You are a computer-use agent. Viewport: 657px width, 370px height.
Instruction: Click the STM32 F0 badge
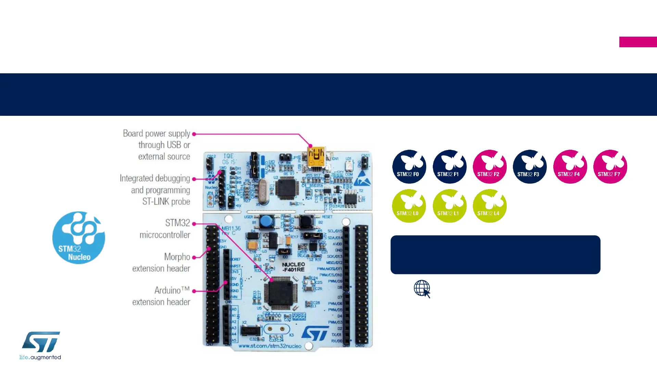point(409,166)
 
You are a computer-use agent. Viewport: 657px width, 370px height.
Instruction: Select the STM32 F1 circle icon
point(449,166)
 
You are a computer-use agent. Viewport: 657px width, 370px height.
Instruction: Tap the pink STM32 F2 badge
point(489,166)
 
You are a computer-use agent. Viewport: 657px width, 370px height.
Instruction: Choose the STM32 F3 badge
point(529,166)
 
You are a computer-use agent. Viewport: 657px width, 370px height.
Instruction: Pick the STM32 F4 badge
point(570,166)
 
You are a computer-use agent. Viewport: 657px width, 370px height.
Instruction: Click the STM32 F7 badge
point(610,166)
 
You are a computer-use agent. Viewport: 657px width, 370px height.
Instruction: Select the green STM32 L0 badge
point(409,206)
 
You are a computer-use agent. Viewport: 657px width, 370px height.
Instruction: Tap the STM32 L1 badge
point(449,206)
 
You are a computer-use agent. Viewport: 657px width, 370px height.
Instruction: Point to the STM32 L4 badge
point(489,206)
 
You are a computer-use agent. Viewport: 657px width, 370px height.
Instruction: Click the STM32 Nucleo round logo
point(78,237)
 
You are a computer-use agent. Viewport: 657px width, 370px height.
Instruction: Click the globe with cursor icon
point(422,289)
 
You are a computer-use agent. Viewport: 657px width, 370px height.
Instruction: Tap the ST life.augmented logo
point(40,345)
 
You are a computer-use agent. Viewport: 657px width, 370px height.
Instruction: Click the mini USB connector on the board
point(316,157)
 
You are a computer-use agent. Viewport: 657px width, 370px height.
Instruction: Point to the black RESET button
point(305,222)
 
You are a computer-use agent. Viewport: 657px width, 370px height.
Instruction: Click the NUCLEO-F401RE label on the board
point(293,267)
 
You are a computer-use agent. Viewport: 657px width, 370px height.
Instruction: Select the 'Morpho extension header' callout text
point(161,262)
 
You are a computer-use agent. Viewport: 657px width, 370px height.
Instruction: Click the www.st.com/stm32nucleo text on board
point(270,346)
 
